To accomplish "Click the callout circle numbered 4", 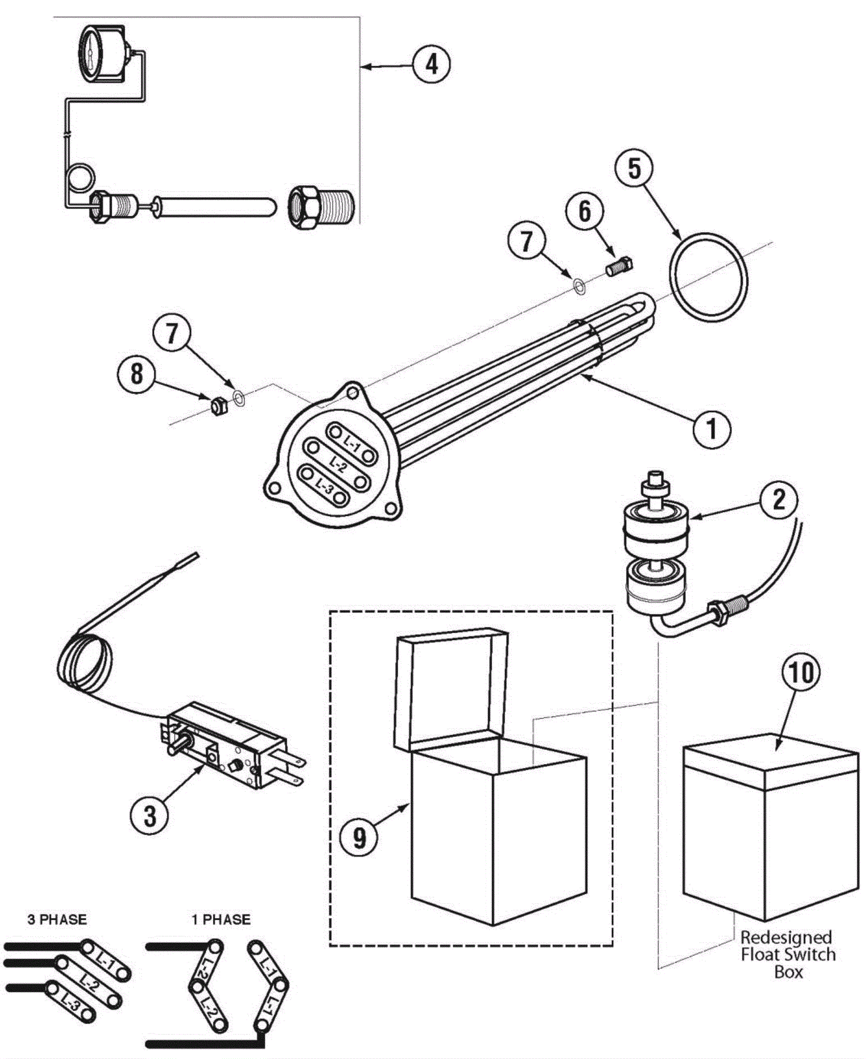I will click(431, 65).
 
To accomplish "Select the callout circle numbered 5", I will click(634, 168).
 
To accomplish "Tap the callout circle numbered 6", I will click(585, 211).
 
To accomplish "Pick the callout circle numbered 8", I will click(137, 374).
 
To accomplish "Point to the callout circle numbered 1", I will click(712, 429).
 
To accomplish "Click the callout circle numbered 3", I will click(150, 815).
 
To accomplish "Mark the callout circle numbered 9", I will click(359, 838).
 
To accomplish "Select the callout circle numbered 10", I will click(801, 672).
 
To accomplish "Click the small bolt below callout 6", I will click(620, 267).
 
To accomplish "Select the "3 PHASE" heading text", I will click(57, 919).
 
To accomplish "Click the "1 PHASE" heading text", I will click(221, 919).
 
